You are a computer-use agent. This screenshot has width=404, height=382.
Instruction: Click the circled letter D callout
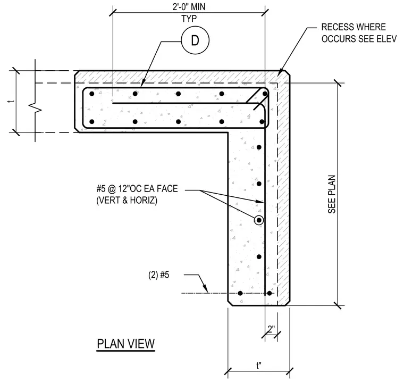pyautogui.click(x=195, y=40)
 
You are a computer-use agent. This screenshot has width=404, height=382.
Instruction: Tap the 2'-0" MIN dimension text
pyautogui.click(x=189, y=7)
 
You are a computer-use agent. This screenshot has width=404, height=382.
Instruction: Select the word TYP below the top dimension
pyautogui.click(x=189, y=19)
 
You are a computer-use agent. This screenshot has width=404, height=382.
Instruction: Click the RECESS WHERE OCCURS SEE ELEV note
pyautogui.click(x=359, y=33)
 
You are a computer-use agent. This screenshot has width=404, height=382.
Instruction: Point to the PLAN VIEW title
pyautogui.click(x=126, y=344)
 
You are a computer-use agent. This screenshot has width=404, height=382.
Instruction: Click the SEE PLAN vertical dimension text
pyautogui.click(x=332, y=194)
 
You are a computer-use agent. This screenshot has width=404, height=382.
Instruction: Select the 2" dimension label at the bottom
pyautogui.click(x=271, y=329)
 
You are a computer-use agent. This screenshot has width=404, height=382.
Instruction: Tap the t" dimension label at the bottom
pyautogui.click(x=259, y=366)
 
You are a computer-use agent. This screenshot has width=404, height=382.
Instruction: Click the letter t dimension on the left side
pyautogui.click(x=11, y=102)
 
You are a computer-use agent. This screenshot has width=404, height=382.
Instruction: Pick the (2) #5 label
pyautogui.click(x=159, y=275)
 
